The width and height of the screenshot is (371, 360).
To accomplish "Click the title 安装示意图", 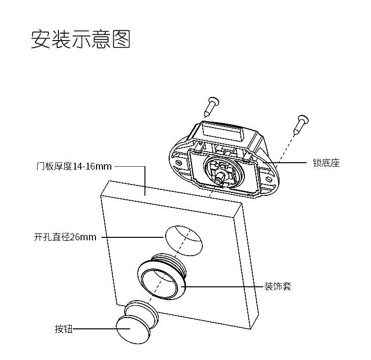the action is [81, 39].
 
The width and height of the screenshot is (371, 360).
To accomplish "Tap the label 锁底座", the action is [326, 163].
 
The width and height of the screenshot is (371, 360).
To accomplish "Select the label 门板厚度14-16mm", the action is [74, 166].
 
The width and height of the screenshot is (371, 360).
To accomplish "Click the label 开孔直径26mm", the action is [65, 237].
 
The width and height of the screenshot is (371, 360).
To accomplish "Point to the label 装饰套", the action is [278, 286].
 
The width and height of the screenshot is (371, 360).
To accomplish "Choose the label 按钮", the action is [63, 329].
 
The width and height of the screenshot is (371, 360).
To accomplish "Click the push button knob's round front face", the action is [133, 330].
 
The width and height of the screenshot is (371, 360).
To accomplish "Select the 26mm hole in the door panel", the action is [184, 240].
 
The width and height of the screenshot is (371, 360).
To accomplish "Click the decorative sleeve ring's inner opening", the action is [159, 284].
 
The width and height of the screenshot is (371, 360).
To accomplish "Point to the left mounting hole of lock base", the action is [179, 163].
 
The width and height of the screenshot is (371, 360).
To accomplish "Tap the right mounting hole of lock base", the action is [268, 179].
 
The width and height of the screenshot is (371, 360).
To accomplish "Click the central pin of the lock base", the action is [220, 177].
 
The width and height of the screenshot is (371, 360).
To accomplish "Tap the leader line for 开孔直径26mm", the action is [133, 237].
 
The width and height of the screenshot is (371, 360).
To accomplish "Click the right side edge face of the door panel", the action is [246, 265].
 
